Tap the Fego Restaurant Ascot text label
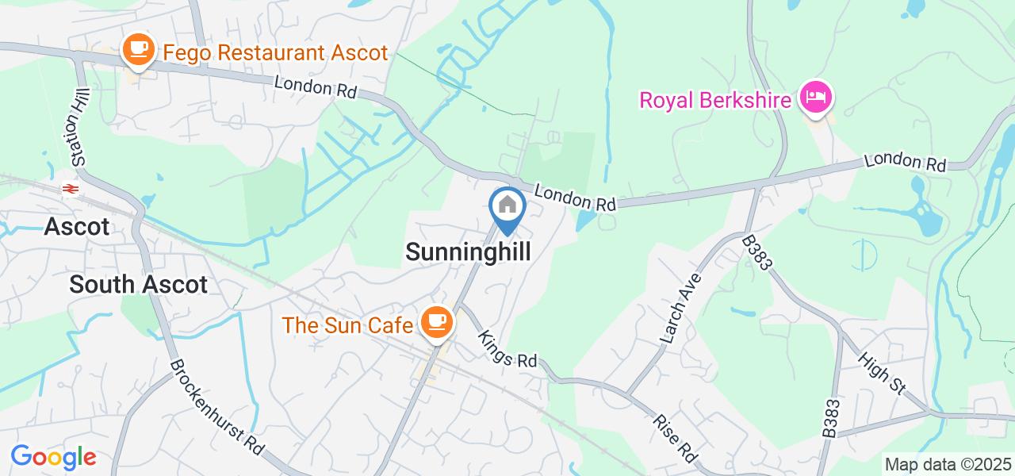click(x=275, y=53)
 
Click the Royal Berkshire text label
click(x=715, y=101)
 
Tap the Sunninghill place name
click(x=467, y=252)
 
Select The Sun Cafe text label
click(x=347, y=325)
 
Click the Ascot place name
click(x=77, y=227)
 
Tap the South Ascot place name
click(x=139, y=284)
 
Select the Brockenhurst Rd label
click(x=216, y=407)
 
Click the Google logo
click(x=53, y=457)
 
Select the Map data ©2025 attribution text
click(x=948, y=464)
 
